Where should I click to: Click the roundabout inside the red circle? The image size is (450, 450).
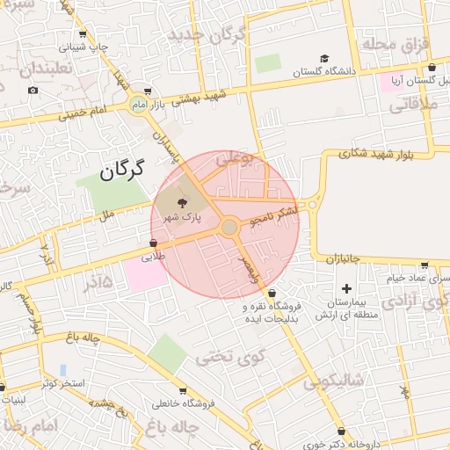229,228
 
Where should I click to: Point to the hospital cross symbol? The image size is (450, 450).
346,288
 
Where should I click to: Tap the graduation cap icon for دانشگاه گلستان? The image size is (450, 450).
324,58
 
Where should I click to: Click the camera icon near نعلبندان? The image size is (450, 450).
33,90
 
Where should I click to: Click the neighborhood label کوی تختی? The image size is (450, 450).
220,357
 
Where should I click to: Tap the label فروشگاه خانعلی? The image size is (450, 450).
182,405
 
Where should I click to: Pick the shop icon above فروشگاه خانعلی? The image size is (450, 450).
182,391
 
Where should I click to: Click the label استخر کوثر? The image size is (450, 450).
61,385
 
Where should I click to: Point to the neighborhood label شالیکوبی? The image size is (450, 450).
333,381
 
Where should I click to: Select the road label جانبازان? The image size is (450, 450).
345,259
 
